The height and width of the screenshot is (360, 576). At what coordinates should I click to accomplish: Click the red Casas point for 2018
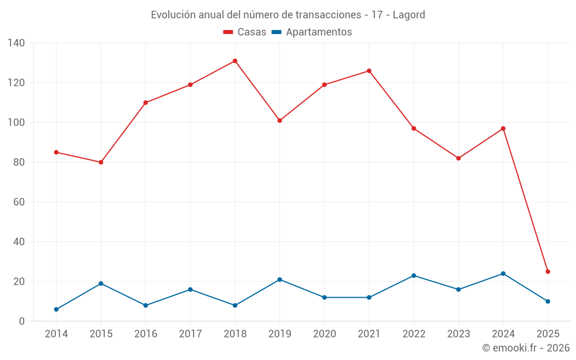[235, 61]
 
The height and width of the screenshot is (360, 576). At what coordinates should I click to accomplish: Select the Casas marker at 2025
[548, 271]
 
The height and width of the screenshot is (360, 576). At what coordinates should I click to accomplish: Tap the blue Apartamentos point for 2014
[56, 309]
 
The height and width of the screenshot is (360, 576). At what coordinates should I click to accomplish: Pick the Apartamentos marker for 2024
[503, 274]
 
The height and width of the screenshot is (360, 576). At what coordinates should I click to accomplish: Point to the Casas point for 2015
[101, 162]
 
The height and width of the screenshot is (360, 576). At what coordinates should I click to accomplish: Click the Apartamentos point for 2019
[280, 279]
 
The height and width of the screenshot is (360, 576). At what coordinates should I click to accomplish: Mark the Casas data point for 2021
[369, 71]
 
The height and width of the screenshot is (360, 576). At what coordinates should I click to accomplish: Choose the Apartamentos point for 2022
[414, 275]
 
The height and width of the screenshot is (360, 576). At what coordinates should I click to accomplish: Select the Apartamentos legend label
[319, 32]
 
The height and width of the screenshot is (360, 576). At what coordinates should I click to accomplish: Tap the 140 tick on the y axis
[17, 43]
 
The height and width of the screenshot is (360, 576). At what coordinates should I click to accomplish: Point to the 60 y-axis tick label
[19, 202]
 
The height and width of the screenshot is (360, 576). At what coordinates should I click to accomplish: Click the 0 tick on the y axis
[22, 321]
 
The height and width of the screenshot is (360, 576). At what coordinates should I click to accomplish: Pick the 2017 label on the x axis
[190, 334]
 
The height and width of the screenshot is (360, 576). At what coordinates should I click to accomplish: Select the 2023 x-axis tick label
[458, 334]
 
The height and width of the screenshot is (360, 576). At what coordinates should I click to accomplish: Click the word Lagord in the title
[409, 15]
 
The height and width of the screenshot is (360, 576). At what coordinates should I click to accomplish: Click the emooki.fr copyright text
[526, 348]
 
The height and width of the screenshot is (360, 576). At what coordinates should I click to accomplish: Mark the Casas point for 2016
[146, 103]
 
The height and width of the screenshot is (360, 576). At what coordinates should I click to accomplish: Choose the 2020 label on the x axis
[324, 334]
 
